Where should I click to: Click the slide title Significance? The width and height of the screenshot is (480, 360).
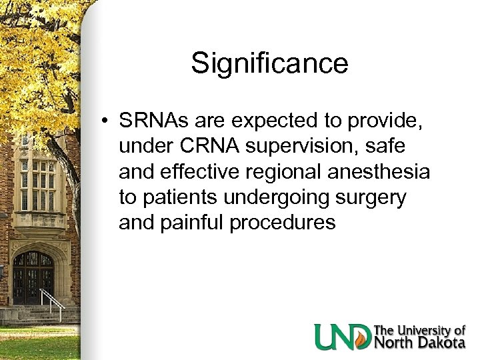269,64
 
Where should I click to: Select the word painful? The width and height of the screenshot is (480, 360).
197,223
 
